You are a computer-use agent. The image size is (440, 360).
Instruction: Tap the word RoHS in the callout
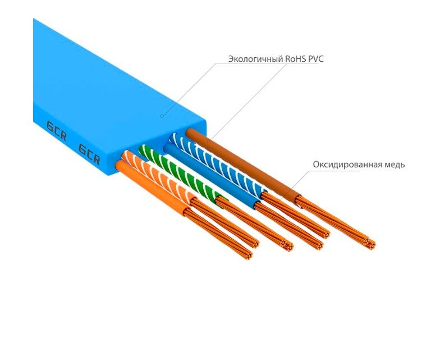click(297, 58)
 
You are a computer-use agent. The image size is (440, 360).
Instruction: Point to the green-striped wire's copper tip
click(287, 246)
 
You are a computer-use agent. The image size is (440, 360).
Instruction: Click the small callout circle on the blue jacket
click(162, 116)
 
